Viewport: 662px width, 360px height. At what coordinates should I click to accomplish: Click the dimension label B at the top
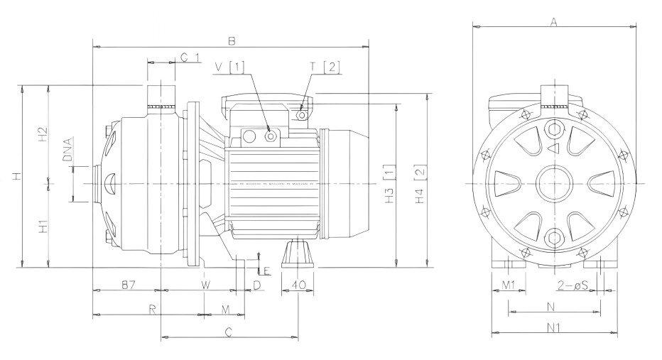(231, 40)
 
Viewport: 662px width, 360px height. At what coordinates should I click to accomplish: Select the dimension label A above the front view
(553, 22)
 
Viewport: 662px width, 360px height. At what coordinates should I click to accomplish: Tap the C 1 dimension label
(190, 56)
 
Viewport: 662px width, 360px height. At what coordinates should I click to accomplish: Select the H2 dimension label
(42, 133)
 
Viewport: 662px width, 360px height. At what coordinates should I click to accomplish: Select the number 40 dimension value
(298, 285)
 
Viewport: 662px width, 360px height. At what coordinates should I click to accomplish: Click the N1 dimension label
(555, 327)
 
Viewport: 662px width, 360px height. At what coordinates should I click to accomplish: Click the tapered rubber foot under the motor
(298, 253)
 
